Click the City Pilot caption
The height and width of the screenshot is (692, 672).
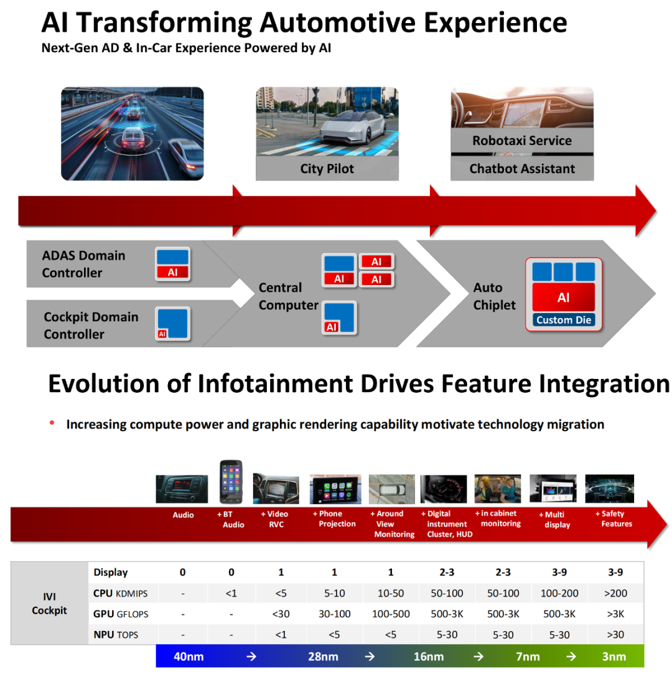[327, 169]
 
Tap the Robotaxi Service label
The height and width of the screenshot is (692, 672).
[522, 141]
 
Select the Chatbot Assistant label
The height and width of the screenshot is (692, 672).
[522, 169]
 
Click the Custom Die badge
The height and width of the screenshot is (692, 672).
[564, 320]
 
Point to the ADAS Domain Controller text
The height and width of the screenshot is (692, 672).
[83, 264]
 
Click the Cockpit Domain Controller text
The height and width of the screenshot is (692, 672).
[91, 325]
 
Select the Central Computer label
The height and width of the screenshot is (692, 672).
[288, 296]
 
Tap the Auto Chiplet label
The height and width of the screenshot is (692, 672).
[494, 296]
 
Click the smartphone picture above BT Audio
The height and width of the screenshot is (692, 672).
[231, 482]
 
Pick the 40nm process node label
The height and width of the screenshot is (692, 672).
[189, 657]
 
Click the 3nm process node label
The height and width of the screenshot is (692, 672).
[614, 657]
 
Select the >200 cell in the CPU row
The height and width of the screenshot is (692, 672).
[615, 593]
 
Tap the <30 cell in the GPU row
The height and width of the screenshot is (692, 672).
[281, 614]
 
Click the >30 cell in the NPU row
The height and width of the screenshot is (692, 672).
[615, 635]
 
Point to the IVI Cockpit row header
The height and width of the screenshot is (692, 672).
[49, 603]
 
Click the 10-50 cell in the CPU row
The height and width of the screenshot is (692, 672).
[391, 593]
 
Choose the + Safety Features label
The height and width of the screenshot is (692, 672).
[614, 518]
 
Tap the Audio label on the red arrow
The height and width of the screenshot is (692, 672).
[183, 515]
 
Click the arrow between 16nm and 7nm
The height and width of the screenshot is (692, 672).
[478, 657]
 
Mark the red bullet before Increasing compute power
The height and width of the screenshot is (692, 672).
[52, 423]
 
